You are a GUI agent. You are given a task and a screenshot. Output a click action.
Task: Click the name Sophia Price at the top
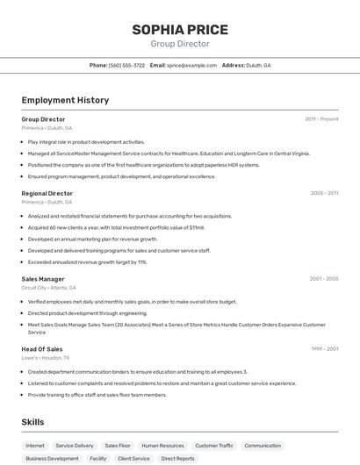click(x=180, y=30)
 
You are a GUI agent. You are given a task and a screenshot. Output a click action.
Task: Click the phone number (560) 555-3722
click(x=126, y=65)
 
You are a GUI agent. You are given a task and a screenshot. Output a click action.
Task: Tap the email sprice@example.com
click(x=191, y=65)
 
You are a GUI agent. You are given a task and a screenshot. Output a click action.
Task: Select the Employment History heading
click(x=65, y=100)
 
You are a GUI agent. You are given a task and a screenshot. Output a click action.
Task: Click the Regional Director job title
click(x=47, y=193)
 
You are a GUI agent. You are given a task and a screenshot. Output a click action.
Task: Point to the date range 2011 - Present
click(x=321, y=119)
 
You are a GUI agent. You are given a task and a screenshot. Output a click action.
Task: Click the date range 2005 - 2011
click(x=324, y=193)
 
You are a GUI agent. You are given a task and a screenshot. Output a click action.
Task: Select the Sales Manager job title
click(x=43, y=279)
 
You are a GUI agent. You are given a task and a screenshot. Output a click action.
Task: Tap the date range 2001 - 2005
click(x=323, y=279)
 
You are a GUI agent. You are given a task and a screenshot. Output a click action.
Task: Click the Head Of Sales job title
click(x=42, y=349)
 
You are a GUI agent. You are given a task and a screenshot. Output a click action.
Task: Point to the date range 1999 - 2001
click(x=324, y=349)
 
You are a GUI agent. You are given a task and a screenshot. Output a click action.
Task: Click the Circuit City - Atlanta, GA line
click(x=48, y=288)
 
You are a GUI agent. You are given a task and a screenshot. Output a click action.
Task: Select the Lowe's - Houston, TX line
click(x=46, y=358)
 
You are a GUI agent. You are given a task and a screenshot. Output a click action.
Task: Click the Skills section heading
click(x=32, y=422)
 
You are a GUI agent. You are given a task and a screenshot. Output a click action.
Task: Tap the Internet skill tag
click(x=35, y=446)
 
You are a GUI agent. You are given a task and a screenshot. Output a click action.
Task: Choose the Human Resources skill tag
click(x=162, y=446)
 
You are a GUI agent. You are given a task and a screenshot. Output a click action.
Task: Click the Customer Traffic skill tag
click(x=214, y=446)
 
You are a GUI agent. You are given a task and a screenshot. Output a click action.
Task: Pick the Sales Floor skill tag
click(x=118, y=446)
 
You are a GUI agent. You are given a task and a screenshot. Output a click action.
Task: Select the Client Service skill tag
click(x=133, y=458)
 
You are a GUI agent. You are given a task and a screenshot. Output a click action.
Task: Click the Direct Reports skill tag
click(x=178, y=458)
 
